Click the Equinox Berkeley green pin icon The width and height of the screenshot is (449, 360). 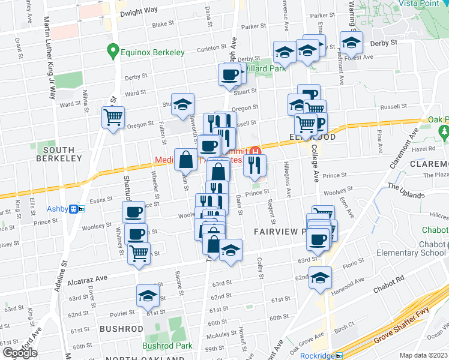coord(112,52)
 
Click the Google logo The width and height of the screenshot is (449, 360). coord(20,352)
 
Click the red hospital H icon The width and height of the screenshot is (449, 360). coord(256,150)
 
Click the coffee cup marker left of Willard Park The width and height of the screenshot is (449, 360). coord(229,76)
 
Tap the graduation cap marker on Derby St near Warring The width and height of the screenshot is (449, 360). coord(351,43)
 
